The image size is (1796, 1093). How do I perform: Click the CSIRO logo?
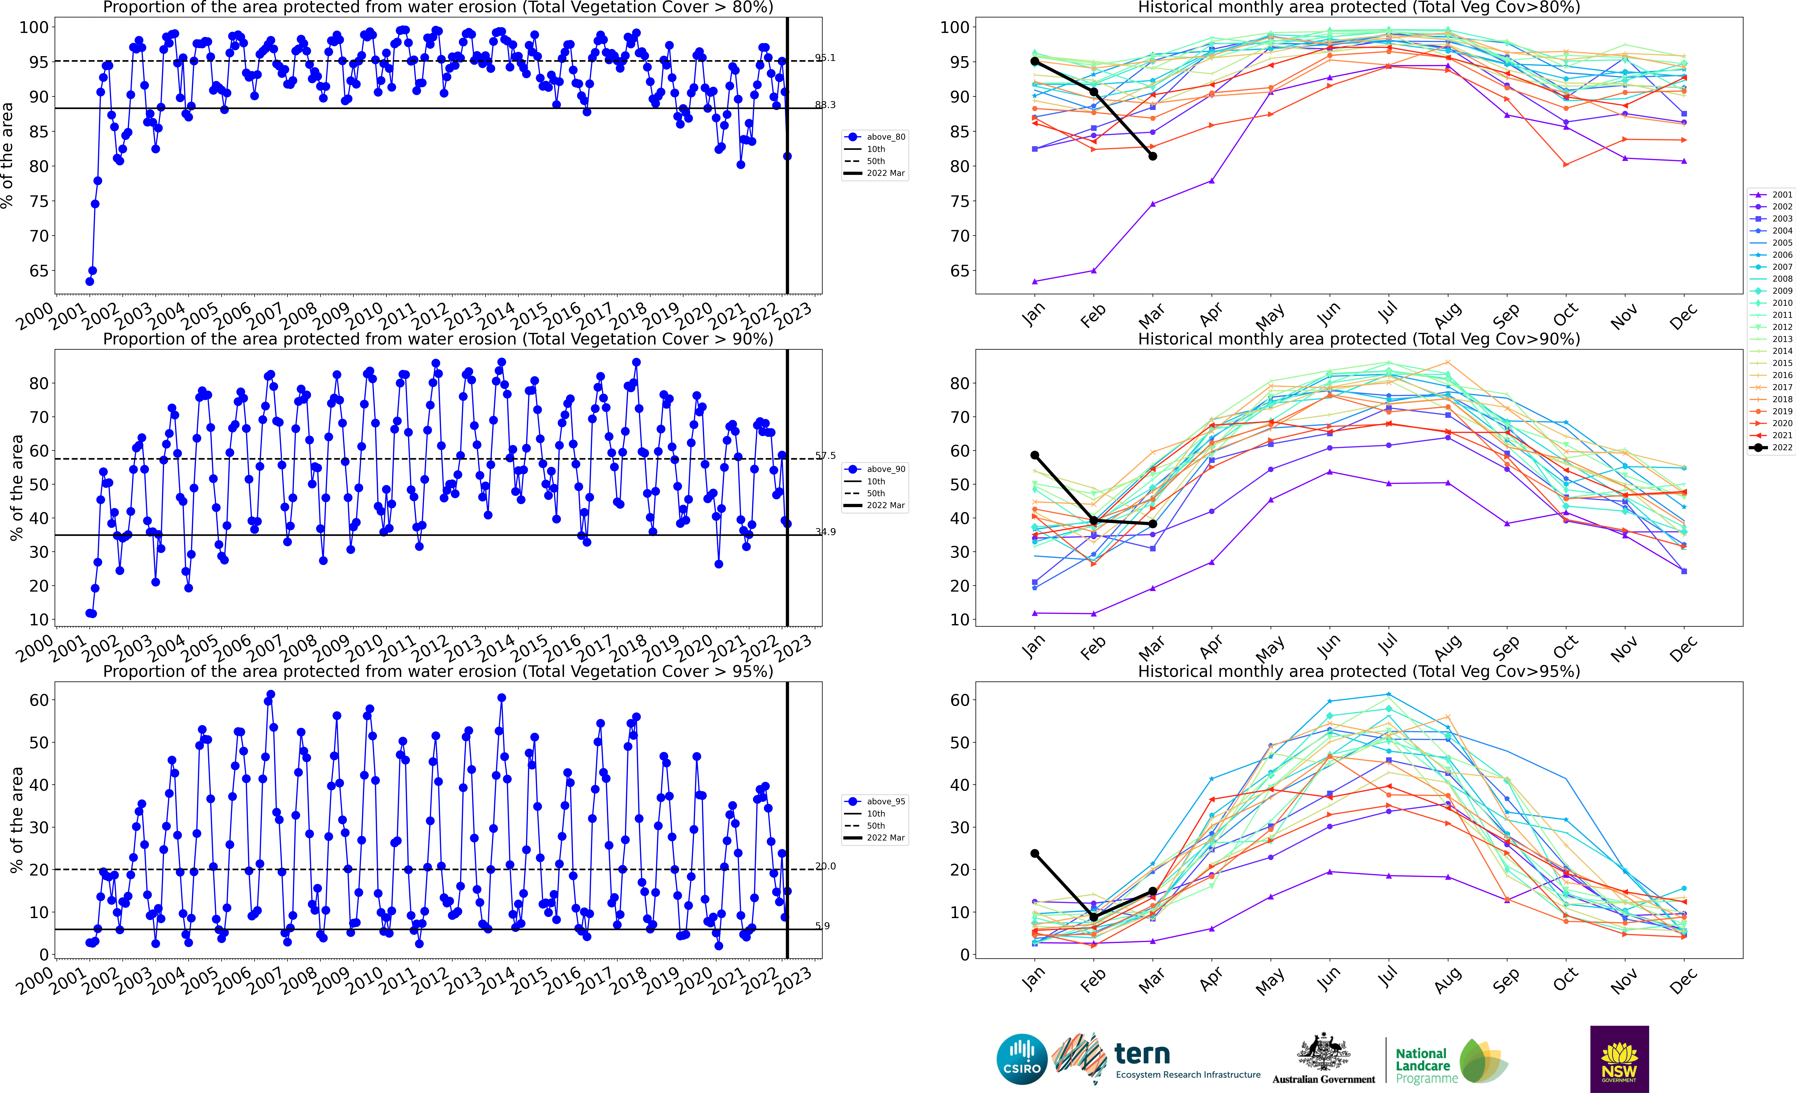click(x=1022, y=1059)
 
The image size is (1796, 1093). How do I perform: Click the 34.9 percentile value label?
click(x=825, y=532)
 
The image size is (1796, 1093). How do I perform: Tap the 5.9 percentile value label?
click(x=822, y=926)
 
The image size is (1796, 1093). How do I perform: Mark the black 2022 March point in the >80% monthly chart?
click(x=1152, y=156)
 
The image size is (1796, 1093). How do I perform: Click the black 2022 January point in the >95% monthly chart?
click(x=1034, y=853)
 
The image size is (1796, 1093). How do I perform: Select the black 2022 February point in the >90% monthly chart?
click(x=1093, y=520)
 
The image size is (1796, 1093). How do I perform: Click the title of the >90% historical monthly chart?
click(x=1359, y=339)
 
